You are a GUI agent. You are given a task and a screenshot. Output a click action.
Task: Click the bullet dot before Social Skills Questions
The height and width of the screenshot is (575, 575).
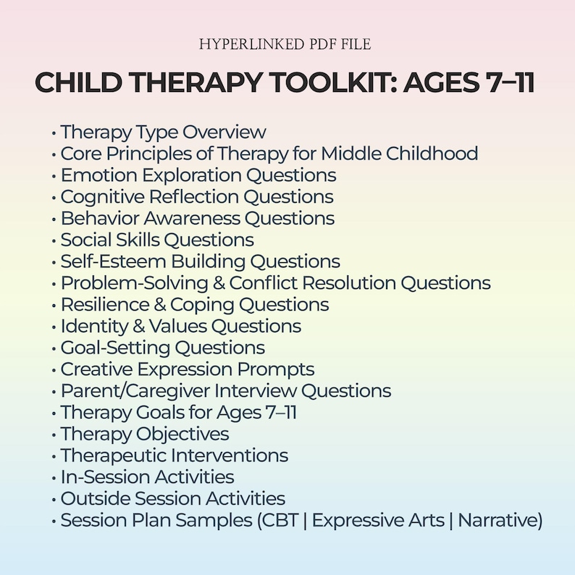54,240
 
